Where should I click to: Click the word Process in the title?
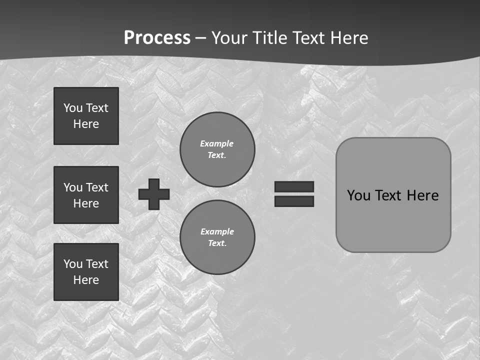tap(157, 38)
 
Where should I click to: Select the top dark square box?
tap(86, 116)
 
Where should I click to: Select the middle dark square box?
tap(86, 195)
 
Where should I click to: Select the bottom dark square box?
tap(86, 272)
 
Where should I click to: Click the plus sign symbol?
tap(154, 194)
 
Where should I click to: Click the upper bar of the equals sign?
tap(294, 186)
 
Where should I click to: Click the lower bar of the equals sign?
tap(294, 201)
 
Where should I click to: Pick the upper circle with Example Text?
tap(217, 149)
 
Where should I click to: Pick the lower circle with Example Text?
tap(217, 237)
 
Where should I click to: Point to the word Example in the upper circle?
tap(216, 143)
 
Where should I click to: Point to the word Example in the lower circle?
tap(217, 231)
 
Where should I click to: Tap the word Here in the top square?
tap(86, 124)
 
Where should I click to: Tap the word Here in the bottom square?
tap(86, 280)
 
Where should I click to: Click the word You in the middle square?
tap(72, 187)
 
